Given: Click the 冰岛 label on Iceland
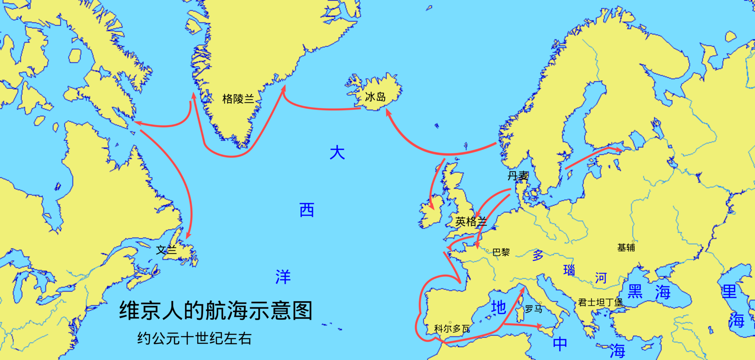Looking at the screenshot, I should coord(375,97).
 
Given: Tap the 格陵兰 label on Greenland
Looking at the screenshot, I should coord(238,99).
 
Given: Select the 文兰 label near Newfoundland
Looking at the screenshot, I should coord(167,250).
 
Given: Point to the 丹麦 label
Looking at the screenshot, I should coord(518,176).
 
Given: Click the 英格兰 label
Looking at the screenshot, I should coord(471,221).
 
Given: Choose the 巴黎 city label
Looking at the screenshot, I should coord(501,252).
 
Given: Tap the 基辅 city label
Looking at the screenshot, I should coord(626,248).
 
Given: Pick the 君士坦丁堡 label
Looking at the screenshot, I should coord(600,302).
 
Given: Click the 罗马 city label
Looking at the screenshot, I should coord(534,309).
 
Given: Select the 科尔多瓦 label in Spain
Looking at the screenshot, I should coord(452,329).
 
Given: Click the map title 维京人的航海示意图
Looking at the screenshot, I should coord(216,311).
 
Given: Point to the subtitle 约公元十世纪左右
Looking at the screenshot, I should coord(194,338).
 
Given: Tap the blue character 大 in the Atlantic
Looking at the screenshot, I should coord(337,153).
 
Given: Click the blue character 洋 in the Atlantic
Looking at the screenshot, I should coord(283,277).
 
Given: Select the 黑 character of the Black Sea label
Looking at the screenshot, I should coord(635,291).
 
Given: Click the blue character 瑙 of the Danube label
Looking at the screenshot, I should coord(569,270).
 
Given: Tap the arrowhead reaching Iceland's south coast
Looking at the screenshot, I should coord(388,112).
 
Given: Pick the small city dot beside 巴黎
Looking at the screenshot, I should coord(487,250).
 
